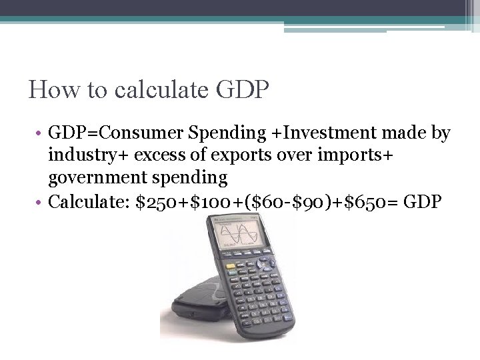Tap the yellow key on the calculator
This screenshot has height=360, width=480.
point(231,266)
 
